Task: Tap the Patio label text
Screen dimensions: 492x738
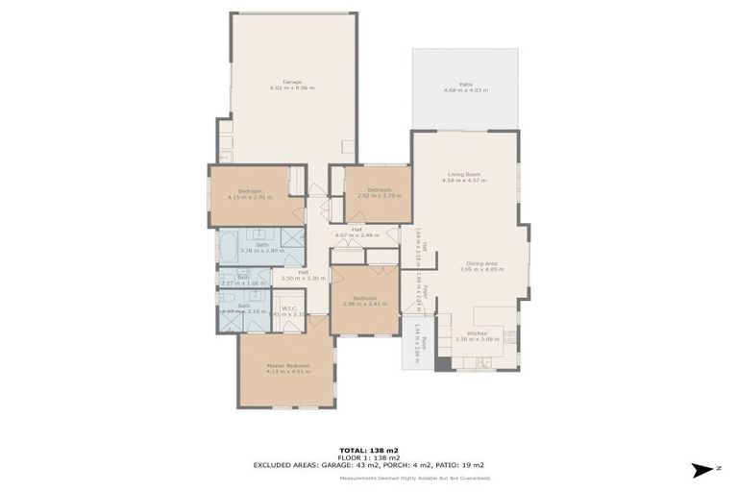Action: (465, 84)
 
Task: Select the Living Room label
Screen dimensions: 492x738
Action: (464, 174)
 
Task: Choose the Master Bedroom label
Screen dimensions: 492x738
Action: (288, 365)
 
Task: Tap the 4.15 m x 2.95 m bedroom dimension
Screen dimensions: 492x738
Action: (250, 197)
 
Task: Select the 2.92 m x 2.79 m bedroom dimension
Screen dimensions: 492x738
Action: (378, 196)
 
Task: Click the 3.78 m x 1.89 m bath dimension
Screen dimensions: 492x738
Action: (258, 250)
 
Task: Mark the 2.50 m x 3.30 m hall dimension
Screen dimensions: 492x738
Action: (303, 278)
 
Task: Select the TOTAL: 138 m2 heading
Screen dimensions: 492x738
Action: (369, 450)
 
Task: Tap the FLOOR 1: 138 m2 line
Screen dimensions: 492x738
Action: (369, 456)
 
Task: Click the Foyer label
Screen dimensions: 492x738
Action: (425, 288)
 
